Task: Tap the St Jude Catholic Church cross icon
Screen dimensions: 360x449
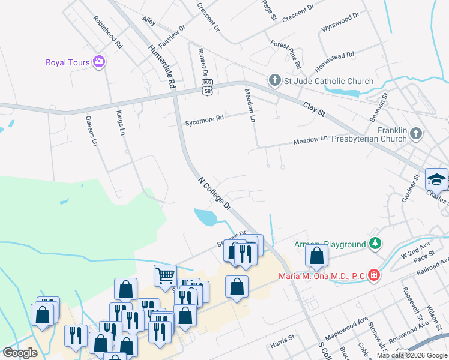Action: point(274,80)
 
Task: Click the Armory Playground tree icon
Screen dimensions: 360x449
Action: point(375,244)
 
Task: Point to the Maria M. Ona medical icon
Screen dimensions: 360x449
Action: point(374,275)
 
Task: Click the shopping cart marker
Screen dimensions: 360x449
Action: point(165,275)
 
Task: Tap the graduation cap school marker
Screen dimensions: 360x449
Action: point(436,179)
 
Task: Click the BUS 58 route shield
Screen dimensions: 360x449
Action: point(208,88)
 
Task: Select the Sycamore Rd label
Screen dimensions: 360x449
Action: point(204,118)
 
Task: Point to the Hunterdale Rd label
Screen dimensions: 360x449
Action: point(162,64)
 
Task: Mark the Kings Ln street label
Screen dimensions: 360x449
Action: point(121,122)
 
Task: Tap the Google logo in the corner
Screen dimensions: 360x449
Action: point(20,352)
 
